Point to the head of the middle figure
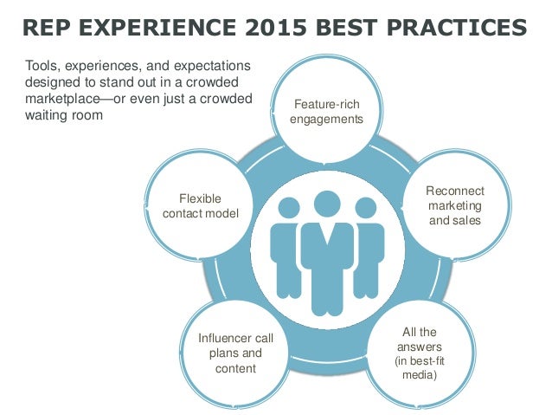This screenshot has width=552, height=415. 326,204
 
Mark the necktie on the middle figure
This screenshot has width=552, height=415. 327,247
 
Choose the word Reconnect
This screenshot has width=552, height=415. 455,191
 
